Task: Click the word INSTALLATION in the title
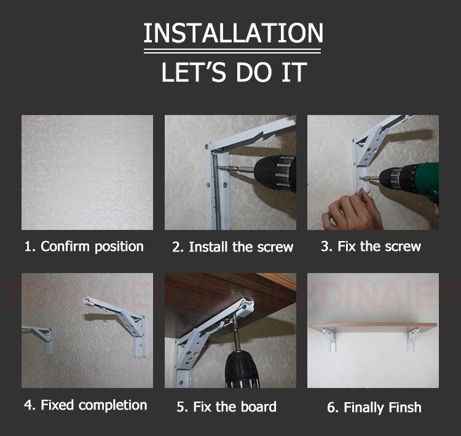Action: [234, 33]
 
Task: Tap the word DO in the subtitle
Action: [253, 72]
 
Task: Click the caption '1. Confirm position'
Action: [84, 247]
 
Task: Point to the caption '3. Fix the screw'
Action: [371, 246]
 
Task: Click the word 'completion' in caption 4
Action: [113, 405]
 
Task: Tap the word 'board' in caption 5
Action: [258, 406]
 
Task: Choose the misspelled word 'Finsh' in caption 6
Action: [405, 408]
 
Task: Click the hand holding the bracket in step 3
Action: [352, 210]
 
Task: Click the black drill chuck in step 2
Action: [275, 173]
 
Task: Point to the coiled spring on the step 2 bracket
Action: [218, 191]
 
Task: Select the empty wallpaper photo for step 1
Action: [87, 172]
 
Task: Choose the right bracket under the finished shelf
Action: [412, 340]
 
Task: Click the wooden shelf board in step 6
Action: [373, 327]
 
